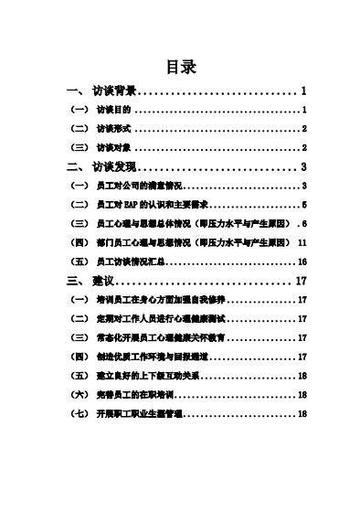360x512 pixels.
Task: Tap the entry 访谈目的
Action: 114,110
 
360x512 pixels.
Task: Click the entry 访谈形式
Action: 114,129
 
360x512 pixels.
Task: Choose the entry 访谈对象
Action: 114,147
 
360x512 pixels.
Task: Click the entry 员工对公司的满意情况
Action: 137,186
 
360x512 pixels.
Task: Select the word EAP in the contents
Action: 133,205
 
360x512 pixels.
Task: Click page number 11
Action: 302,242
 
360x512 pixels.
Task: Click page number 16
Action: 302,261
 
